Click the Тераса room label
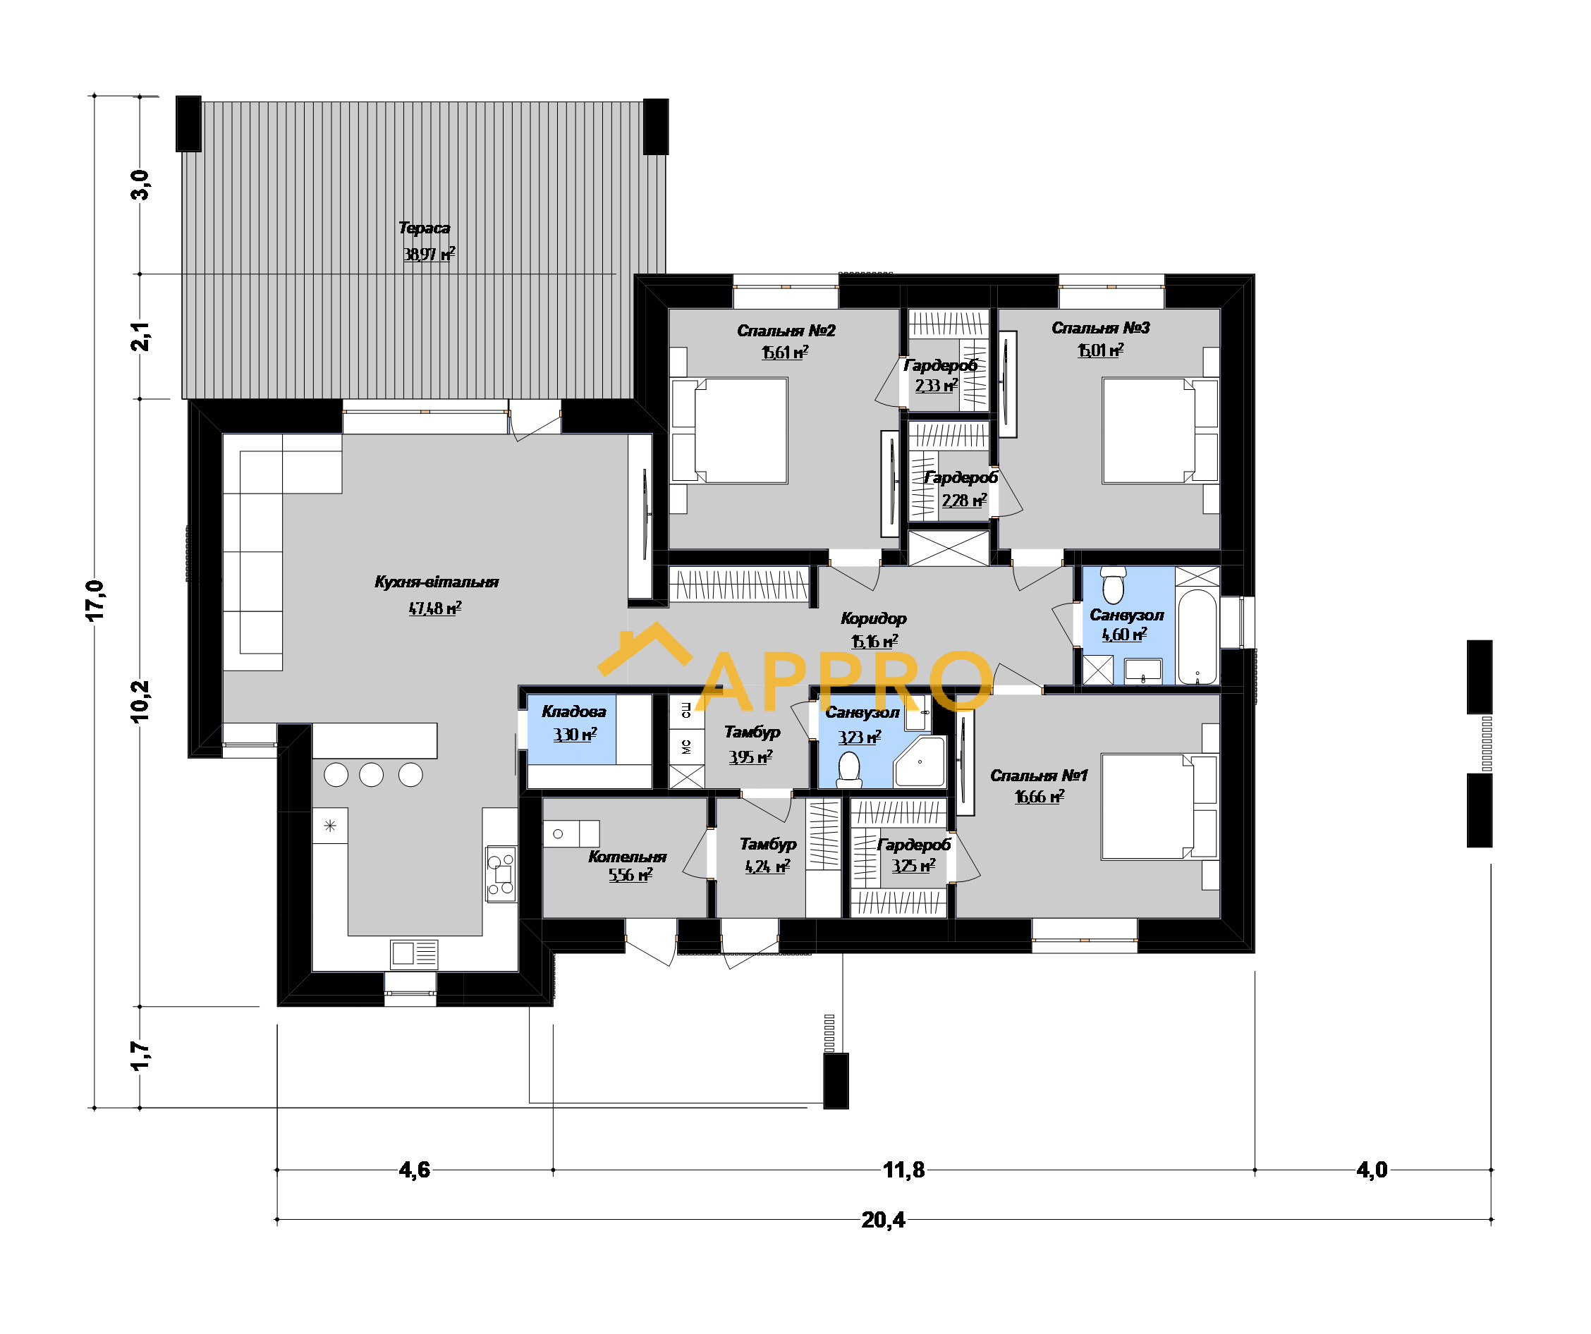[x=425, y=228]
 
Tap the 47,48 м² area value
[x=435, y=608]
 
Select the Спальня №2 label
[x=786, y=330]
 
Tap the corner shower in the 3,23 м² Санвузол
[x=920, y=761]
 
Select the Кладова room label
[x=574, y=711]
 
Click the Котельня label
[x=628, y=856]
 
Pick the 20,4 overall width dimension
[x=883, y=1220]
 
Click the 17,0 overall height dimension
[x=95, y=601]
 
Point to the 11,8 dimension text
[x=904, y=1170]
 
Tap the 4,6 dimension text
[x=415, y=1170]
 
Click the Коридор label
[x=874, y=618]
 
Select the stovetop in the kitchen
[x=501, y=874]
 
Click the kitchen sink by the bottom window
[x=414, y=955]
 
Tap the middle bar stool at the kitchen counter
[x=371, y=774]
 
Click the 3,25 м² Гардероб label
[x=914, y=844]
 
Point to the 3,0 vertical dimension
[x=141, y=185]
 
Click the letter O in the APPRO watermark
[x=961, y=682]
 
